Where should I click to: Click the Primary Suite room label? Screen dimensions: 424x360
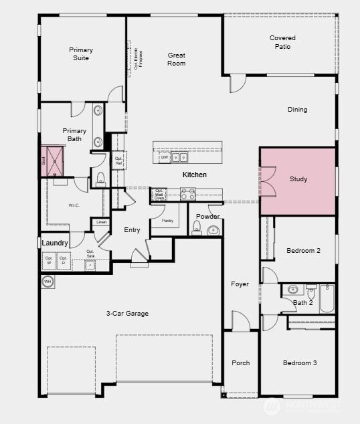click(x=81, y=54)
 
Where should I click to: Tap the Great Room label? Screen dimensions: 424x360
click(x=177, y=60)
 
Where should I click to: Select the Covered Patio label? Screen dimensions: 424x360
click(x=282, y=42)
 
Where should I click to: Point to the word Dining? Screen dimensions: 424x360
click(x=298, y=110)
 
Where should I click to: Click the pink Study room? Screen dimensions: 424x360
click(x=298, y=181)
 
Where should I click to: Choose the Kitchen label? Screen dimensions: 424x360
click(x=195, y=175)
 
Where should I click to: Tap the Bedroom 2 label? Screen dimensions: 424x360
click(x=303, y=251)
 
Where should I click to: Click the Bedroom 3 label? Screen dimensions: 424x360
click(x=299, y=363)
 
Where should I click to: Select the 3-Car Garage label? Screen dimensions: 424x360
click(x=127, y=313)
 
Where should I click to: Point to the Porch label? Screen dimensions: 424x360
click(x=240, y=363)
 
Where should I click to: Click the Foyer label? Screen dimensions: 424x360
click(x=240, y=284)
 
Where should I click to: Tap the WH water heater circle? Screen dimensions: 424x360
click(x=48, y=282)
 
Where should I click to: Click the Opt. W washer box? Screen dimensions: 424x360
click(x=49, y=260)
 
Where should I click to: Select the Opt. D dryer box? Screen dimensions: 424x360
click(x=64, y=260)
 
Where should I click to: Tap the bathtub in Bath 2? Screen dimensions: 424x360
click(x=327, y=299)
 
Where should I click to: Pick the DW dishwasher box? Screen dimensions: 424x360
click(x=164, y=158)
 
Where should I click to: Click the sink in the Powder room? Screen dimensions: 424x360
click(x=213, y=230)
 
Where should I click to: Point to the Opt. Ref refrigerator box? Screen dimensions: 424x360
click(x=118, y=161)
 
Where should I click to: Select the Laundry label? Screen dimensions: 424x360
click(x=56, y=243)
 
